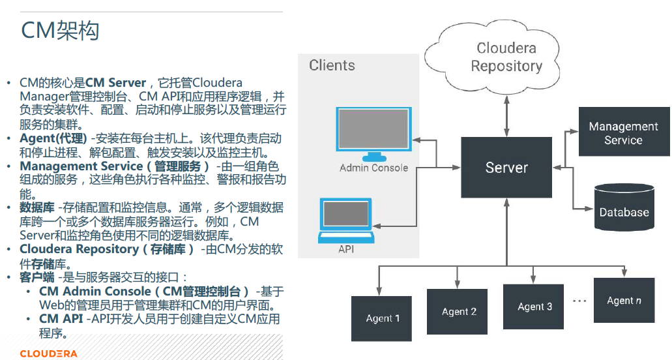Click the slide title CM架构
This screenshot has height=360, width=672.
tap(60, 31)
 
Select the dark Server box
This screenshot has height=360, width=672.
tap(506, 167)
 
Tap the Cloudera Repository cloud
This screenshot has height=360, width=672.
tap(492, 57)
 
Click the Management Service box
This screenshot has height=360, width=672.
tap(624, 132)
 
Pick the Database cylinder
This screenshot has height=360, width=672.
tap(624, 207)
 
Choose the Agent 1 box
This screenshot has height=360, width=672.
tap(381, 318)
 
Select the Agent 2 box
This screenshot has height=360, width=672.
tap(458, 312)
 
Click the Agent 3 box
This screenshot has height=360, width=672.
tap(534, 307)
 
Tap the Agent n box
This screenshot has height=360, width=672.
tap(624, 300)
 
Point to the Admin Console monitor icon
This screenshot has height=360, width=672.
tap(373, 134)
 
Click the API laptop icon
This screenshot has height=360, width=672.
tap(346, 220)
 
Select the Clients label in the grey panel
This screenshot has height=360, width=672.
tap(332, 65)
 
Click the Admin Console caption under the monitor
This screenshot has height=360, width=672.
tap(373, 168)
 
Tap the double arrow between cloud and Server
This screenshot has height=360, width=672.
tap(506, 116)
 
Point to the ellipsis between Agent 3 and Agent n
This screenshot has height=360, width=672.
tap(579, 301)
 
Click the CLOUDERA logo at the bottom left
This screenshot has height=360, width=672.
tap(48, 353)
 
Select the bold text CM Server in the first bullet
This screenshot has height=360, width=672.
tap(116, 82)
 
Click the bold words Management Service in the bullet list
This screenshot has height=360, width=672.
tap(81, 166)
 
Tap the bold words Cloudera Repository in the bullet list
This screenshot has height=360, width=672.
tap(80, 249)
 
